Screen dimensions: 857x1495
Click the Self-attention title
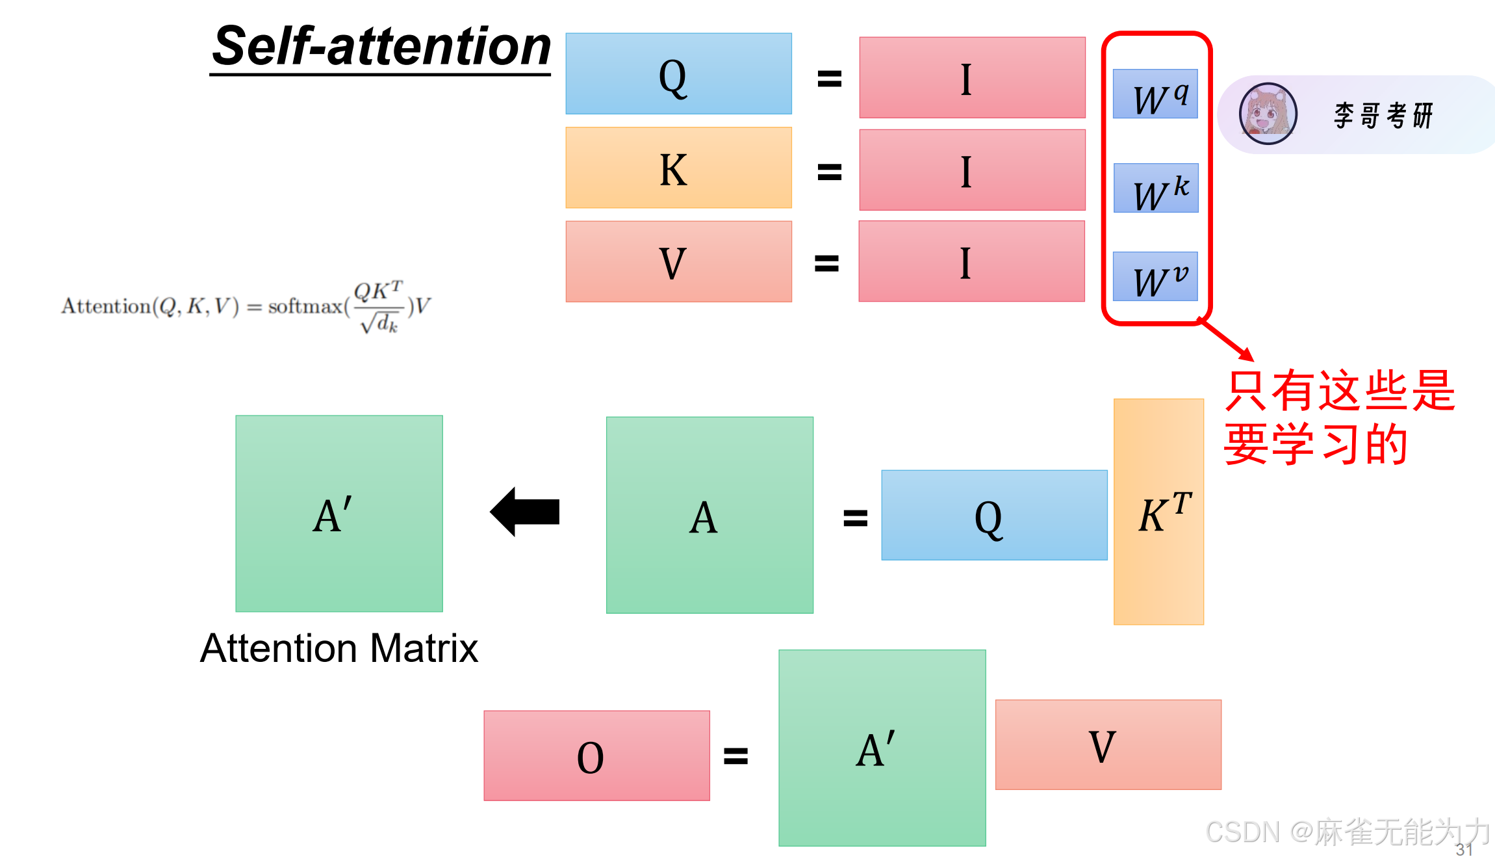pos(381,47)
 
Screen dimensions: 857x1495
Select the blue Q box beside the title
pos(678,74)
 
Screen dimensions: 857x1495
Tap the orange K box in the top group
pos(678,168)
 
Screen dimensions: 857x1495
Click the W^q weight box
pos(1155,94)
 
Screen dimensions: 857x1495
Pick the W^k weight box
pos(1155,189)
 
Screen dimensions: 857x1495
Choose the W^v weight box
pos(1155,276)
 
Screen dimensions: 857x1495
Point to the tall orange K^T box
pos(1158,512)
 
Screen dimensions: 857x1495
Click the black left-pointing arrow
pos(525,512)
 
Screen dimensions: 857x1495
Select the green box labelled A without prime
pos(709,515)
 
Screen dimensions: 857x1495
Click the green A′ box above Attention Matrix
pos(339,514)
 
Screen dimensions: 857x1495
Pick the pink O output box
pos(596,756)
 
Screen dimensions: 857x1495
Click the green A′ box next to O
pos(882,748)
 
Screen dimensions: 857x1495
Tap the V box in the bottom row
pos(1108,745)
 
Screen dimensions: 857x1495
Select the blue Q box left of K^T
pos(994,515)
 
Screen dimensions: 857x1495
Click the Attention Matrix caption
pos(339,648)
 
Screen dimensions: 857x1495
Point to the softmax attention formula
pos(246,306)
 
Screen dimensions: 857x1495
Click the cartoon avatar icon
pos(1267,114)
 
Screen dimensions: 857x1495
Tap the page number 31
pos(1464,849)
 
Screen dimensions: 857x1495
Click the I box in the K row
pos(972,170)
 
